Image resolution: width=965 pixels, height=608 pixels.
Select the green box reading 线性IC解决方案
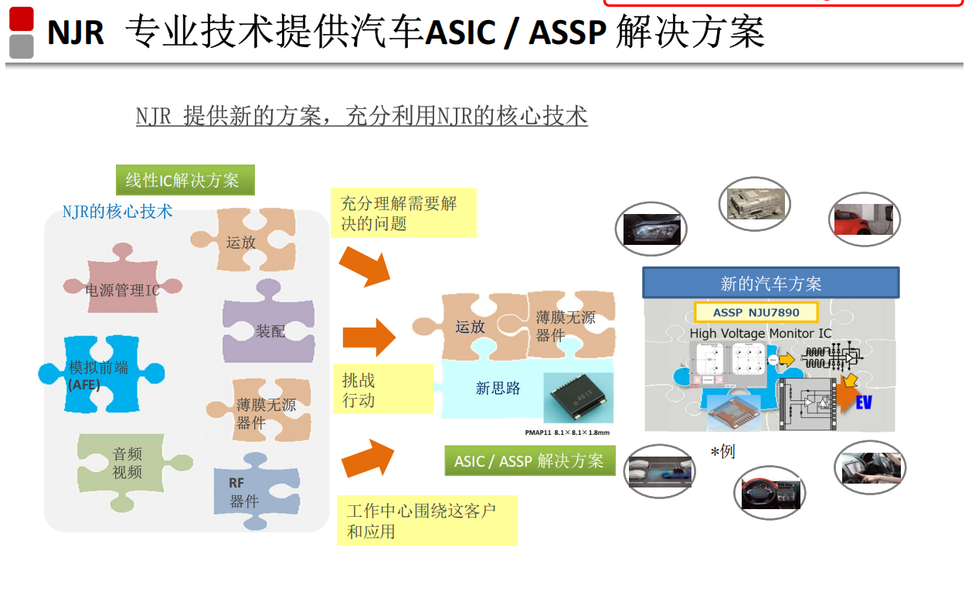185,181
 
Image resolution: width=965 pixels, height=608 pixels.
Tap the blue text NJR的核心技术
117,211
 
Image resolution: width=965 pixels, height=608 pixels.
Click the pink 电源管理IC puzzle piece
123,289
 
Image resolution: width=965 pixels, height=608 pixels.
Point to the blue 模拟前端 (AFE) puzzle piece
100,373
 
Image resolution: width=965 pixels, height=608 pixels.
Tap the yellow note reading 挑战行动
383,389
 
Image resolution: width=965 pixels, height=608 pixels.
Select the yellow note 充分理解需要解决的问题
403,213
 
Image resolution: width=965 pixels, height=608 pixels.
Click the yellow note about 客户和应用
426,521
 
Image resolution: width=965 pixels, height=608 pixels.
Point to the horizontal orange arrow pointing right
369,337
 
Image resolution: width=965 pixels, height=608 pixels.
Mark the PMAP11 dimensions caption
567,433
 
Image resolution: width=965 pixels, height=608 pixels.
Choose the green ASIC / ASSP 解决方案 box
529,461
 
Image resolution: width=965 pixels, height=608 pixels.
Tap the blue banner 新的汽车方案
770,284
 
